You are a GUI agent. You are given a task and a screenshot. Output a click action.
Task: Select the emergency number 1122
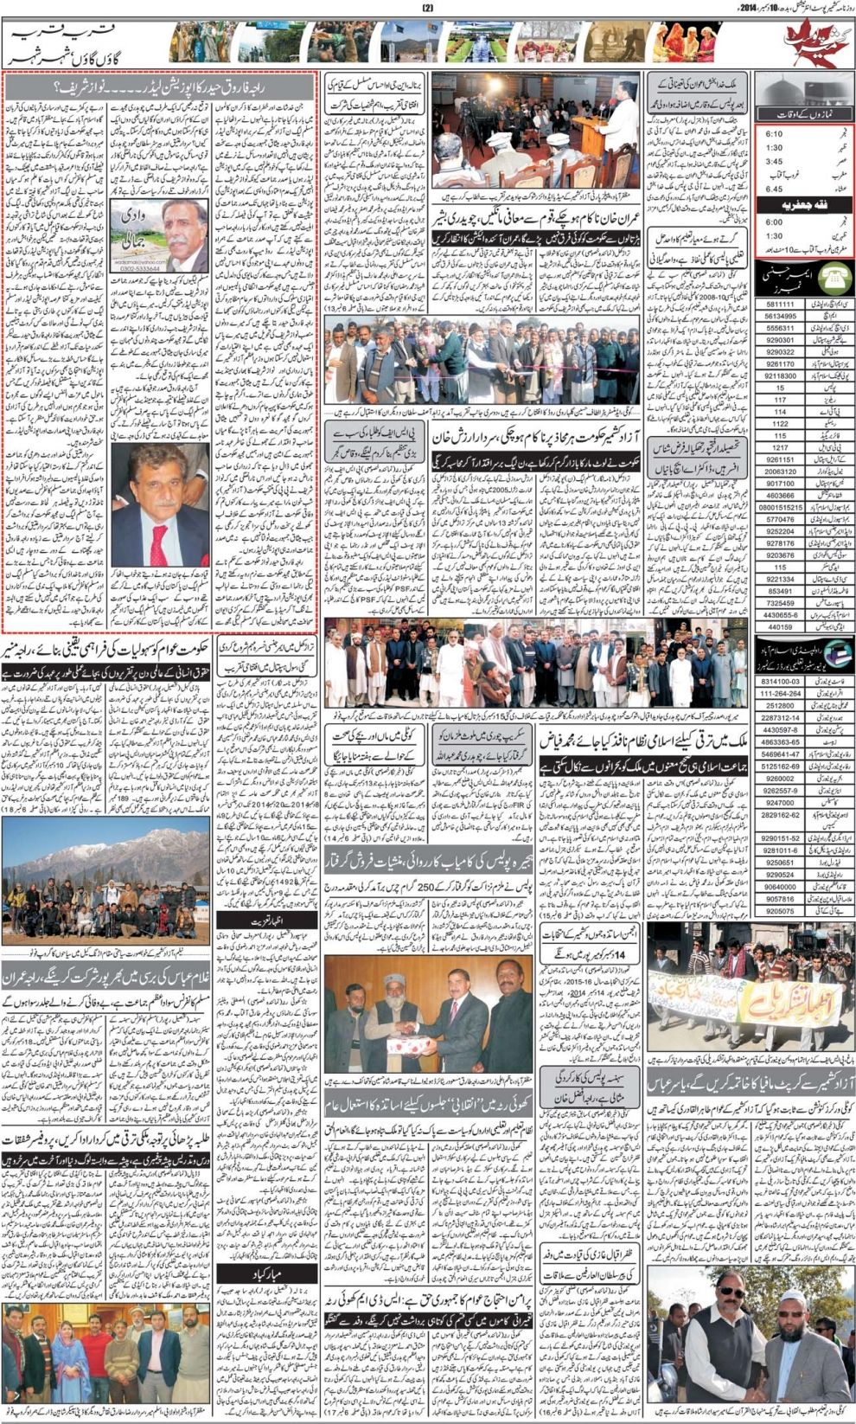[779, 424]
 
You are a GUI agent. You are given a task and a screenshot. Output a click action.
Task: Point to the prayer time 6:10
[773, 134]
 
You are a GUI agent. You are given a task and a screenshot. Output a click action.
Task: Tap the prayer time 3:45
[773, 161]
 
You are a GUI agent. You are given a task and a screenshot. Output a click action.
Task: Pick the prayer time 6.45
[773, 189]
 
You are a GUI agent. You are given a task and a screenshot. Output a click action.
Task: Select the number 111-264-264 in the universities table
[780, 694]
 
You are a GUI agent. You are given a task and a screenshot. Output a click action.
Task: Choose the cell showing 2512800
[780, 706]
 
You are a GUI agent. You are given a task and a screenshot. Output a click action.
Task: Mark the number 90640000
[780, 887]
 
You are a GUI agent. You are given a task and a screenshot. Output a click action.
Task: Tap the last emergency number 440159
[779, 626]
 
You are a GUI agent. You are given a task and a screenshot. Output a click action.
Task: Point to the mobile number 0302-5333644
[138, 268]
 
